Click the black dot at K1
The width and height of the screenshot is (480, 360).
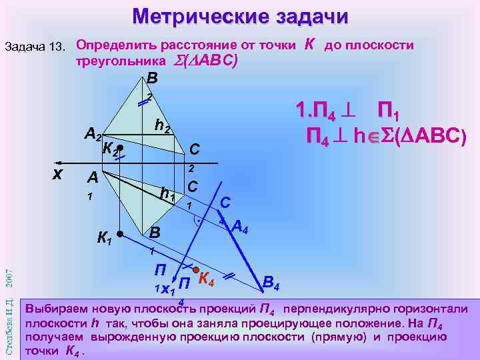coord(119,235)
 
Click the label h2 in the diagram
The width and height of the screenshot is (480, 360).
coord(163,124)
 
